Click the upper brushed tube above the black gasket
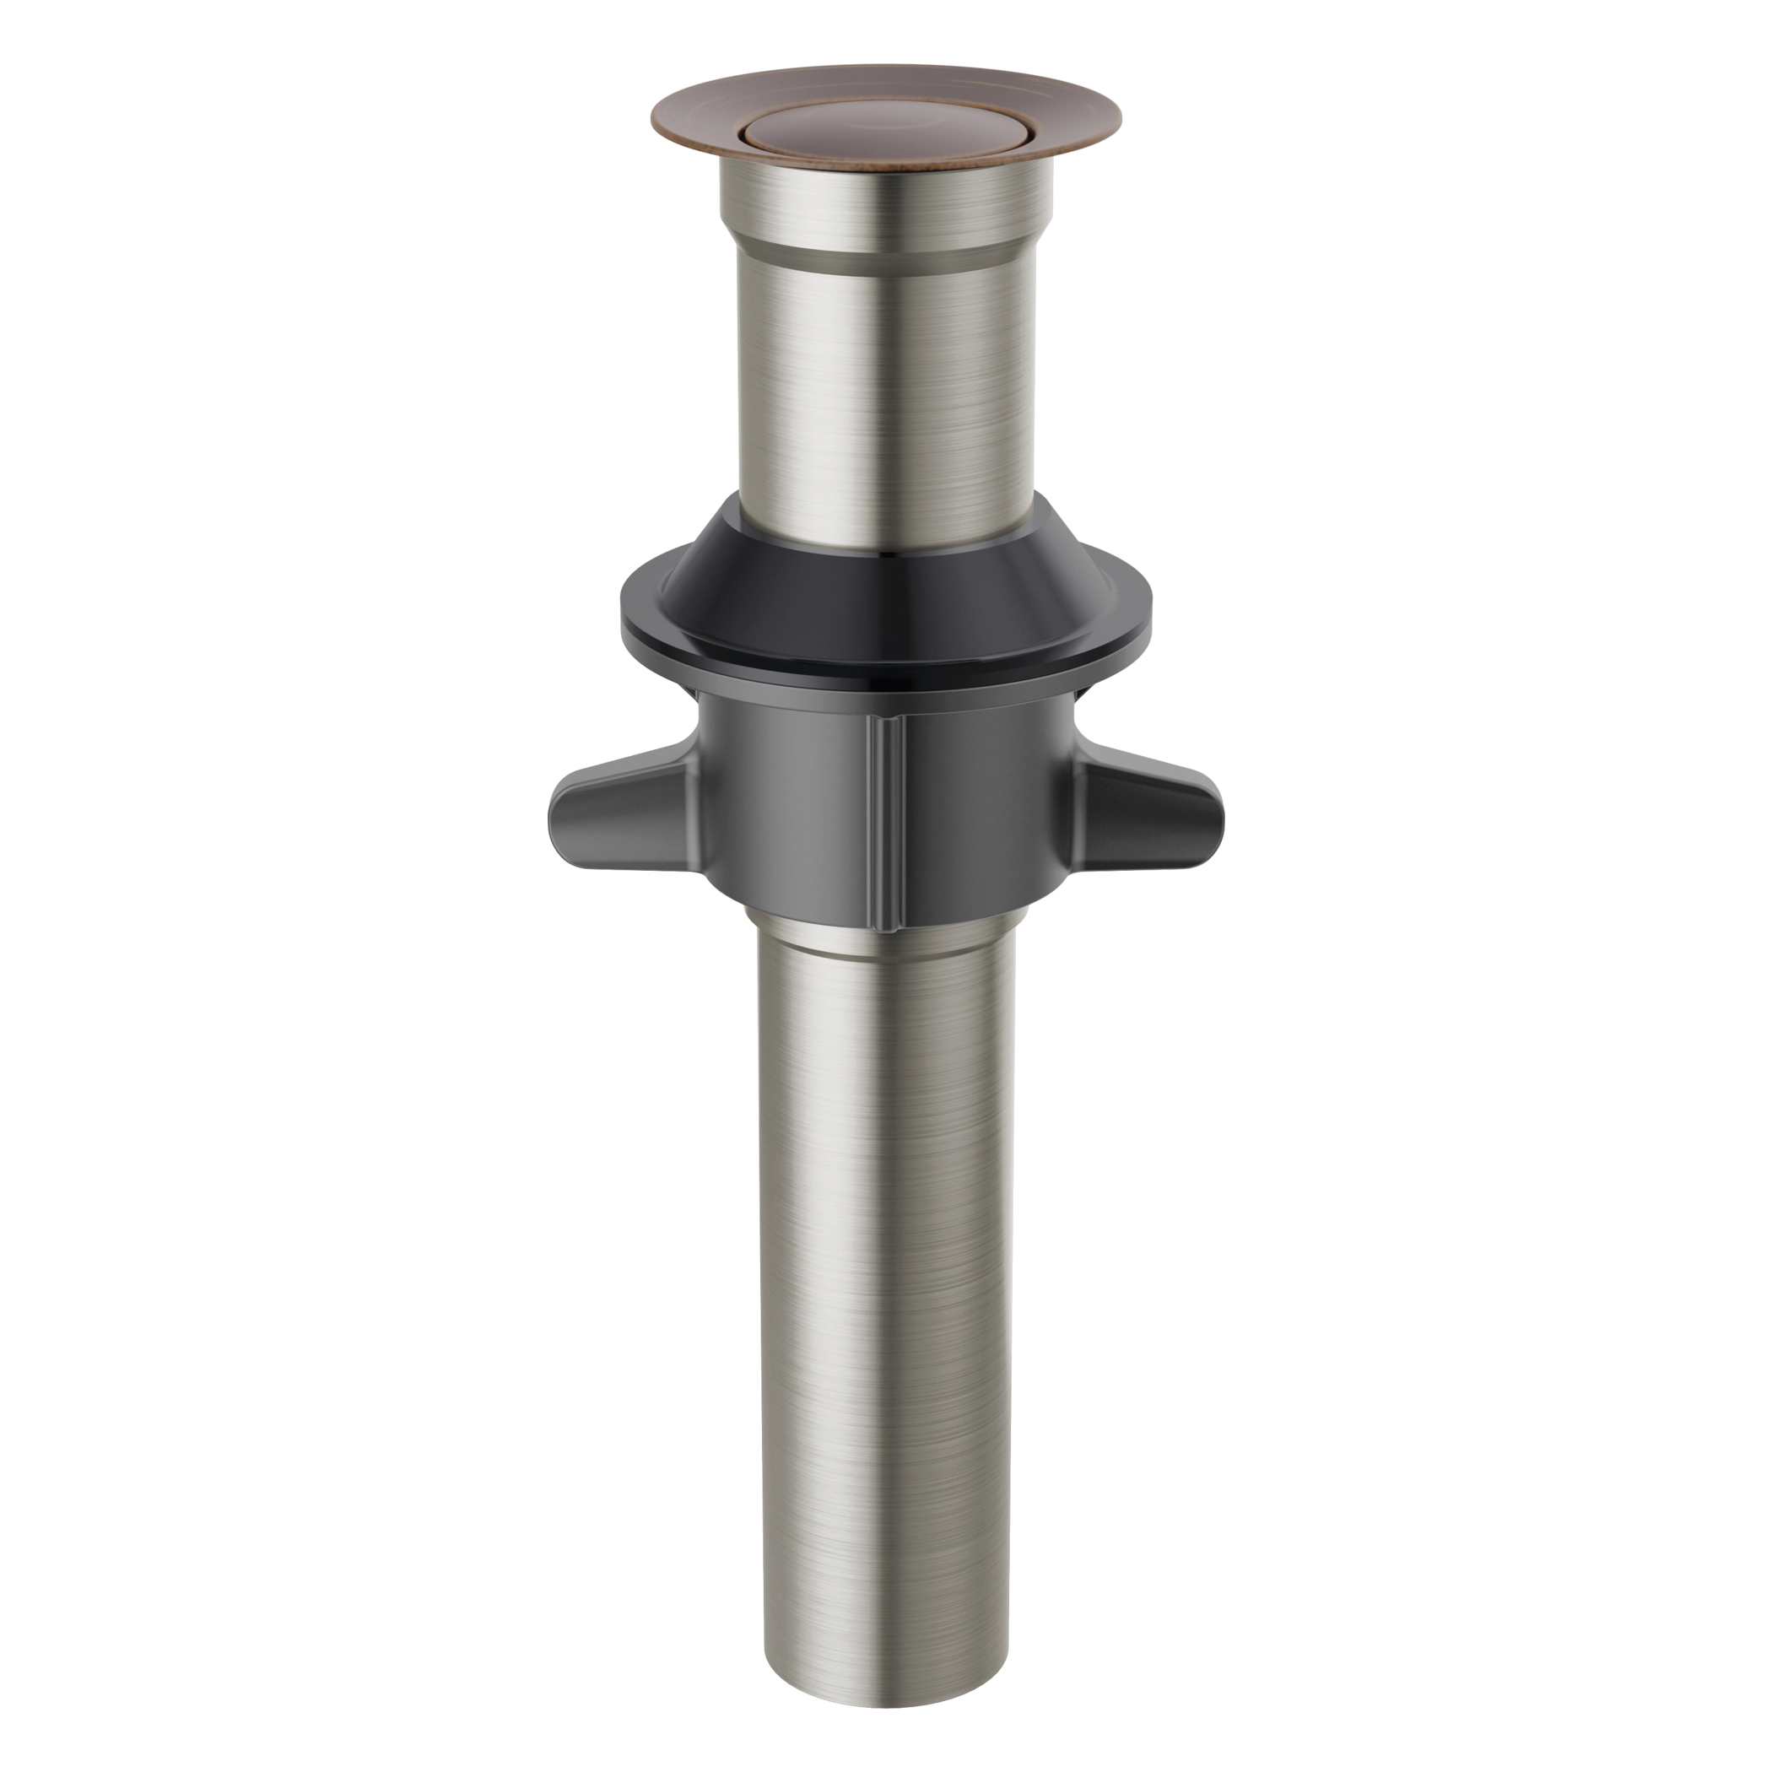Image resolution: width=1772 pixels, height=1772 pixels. pos(885,386)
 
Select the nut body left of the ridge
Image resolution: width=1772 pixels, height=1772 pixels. pos(789,808)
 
